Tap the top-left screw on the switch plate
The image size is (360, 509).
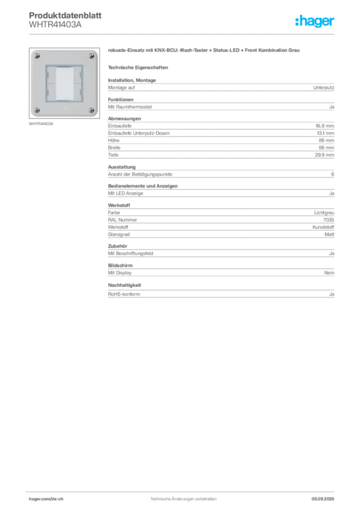tap(37, 54)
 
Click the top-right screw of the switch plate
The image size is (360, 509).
tap(91, 54)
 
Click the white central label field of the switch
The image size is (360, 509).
tap(64, 83)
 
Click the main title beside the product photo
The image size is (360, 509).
tap(204, 52)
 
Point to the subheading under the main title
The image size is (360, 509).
tap(139, 67)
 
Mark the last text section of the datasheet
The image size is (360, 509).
tap(220, 291)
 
